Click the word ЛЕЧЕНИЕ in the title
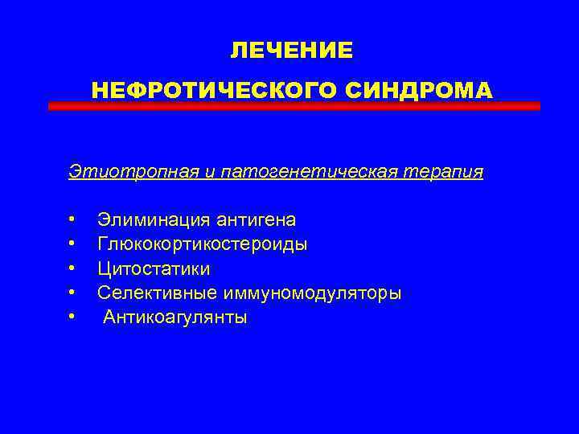coord(291,51)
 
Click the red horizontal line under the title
coord(294,106)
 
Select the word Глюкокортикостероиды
coord(202,244)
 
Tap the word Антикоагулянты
coord(175,317)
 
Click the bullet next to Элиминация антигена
coord(72,219)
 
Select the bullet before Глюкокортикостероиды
coord(72,243)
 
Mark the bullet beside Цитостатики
coord(72,268)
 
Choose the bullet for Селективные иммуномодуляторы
coord(72,293)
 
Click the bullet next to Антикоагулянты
coord(72,317)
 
